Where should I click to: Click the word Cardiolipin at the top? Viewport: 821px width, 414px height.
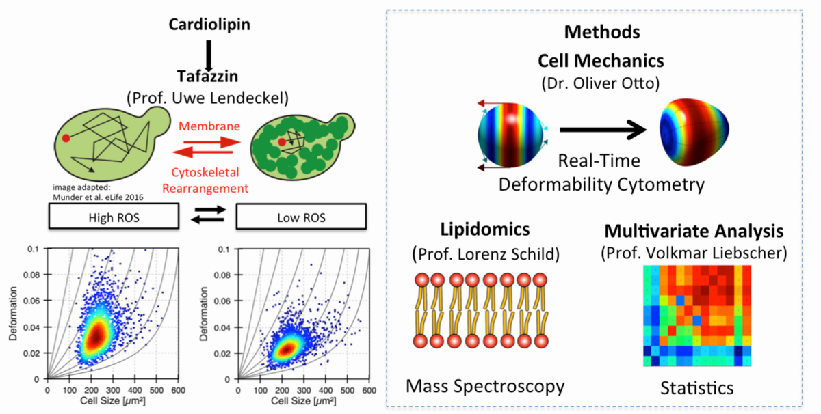pos(210,25)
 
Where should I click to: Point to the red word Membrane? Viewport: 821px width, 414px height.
pos(209,126)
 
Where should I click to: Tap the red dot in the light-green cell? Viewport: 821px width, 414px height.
pos(66,138)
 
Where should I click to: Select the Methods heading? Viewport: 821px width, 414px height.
pos(603,32)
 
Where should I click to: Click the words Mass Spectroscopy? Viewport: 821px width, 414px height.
pos(485,386)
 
